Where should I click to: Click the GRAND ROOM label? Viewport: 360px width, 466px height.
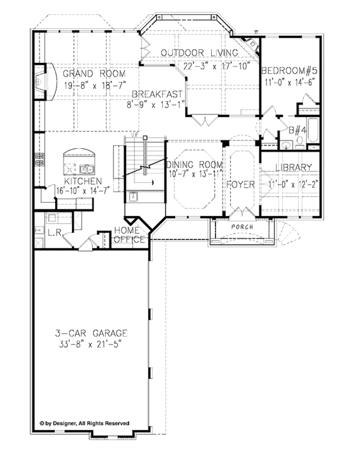tap(94, 73)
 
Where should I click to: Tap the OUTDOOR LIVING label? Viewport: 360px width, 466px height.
tap(199, 53)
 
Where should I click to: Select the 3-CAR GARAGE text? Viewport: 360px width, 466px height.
tap(91, 333)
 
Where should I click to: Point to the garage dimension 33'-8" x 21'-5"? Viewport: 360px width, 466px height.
tap(91, 345)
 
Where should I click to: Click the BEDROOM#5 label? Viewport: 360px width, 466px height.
tap(289, 71)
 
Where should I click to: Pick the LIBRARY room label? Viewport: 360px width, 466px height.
tap(294, 167)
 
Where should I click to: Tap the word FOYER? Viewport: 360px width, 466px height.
tap(241, 185)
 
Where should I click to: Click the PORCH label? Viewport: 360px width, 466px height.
tap(242, 227)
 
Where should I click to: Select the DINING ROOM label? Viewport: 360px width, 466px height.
tap(195, 164)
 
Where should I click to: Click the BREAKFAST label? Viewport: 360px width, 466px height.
tap(157, 94)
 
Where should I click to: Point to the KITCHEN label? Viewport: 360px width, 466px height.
tap(83, 181)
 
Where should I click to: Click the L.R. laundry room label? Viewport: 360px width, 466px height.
tap(55, 233)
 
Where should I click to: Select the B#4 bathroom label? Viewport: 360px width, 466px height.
tap(298, 130)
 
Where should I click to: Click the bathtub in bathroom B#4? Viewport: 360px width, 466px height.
tap(313, 131)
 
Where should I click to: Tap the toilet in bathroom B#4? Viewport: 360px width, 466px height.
tap(299, 143)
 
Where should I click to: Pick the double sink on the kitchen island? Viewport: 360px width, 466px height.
tap(87, 169)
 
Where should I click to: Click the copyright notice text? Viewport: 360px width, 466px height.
tap(85, 423)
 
